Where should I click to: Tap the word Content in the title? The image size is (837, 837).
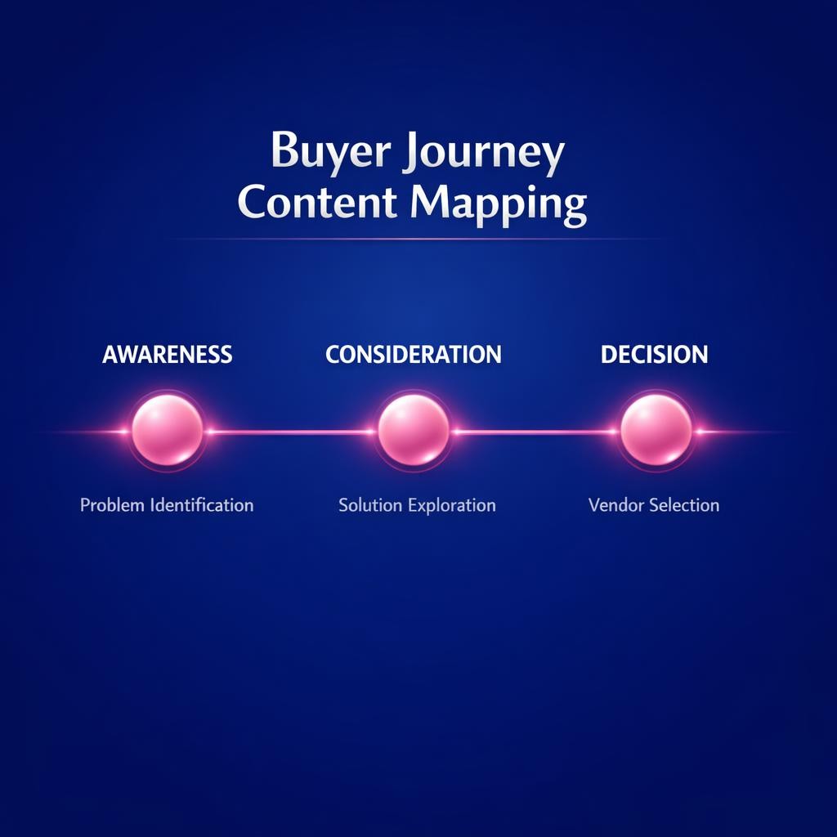pos(319,203)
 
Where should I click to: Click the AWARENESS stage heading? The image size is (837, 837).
pos(168,355)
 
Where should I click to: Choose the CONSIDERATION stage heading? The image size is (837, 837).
pos(414,355)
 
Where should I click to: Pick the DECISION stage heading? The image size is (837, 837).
pos(655,355)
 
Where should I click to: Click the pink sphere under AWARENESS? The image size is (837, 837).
pos(168,430)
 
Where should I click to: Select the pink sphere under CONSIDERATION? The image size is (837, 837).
pos(414,430)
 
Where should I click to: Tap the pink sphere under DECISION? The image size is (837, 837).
pos(656,430)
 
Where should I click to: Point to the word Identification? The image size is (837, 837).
pos(202,505)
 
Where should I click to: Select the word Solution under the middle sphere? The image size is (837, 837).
pos(370,505)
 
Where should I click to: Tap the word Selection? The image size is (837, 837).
pos(685,505)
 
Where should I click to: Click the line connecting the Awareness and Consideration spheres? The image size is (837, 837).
pos(290,432)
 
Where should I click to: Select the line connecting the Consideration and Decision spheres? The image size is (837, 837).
pos(535,432)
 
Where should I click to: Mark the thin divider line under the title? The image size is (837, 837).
pos(417,239)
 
